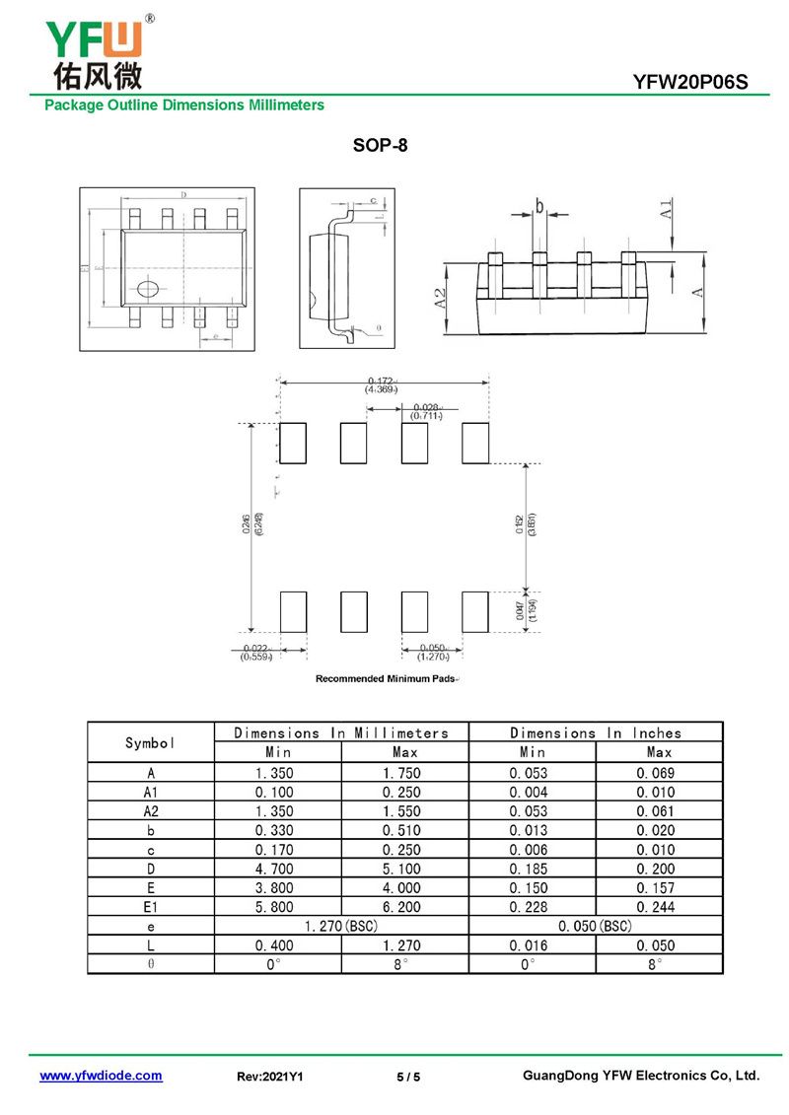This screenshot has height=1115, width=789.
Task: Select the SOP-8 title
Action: [x=380, y=146]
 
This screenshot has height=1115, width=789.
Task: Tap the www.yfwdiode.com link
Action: [x=101, y=1076]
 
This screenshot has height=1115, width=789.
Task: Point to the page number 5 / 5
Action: [x=408, y=1077]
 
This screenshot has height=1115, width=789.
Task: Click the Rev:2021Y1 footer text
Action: [x=270, y=1077]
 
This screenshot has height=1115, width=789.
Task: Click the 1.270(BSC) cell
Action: [x=340, y=927]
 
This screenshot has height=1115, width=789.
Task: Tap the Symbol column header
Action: [x=150, y=742]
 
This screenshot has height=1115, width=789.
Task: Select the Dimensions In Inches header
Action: [x=595, y=732]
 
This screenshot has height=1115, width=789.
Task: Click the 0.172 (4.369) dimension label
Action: [x=382, y=385]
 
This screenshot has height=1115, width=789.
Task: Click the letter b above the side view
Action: [x=539, y=205]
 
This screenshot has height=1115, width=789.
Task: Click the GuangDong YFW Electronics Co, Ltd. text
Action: [x=641, y=1076]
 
